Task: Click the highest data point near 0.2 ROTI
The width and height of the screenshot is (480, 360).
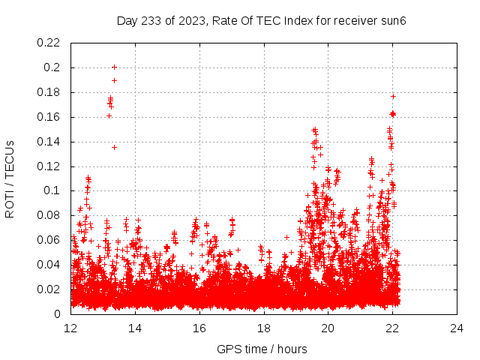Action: pos(114,67)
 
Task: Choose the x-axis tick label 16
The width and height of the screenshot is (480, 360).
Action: pos(199,328)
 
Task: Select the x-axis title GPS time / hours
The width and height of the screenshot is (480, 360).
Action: pos(262,349)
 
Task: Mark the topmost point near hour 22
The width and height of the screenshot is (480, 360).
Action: pos(393,96)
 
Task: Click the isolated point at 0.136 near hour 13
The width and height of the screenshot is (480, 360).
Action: pos(114,147)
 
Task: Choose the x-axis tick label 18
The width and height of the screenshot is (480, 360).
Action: pos(264,328)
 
